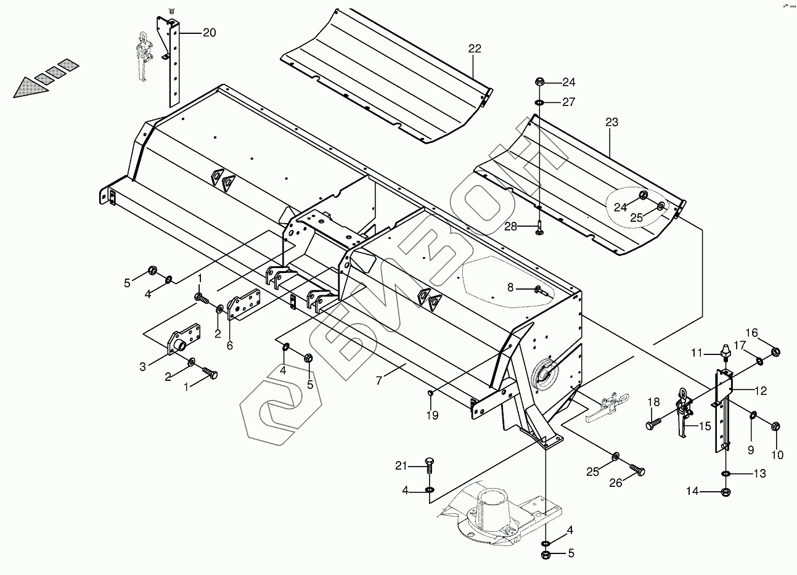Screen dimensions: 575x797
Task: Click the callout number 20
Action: point(209,33)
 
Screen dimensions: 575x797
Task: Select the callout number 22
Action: point(475,49)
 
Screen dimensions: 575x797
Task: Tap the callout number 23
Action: point(611,123)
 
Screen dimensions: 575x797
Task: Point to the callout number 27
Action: point(568,102)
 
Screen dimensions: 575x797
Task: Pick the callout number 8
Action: point(510,287)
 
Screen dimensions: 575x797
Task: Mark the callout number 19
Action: point(432,415)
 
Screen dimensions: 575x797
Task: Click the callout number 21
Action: point(402,466)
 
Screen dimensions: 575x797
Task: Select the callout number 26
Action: point(616,483)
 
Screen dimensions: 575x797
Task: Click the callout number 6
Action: point(229,345)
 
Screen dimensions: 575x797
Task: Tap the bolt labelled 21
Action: point(429,465)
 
